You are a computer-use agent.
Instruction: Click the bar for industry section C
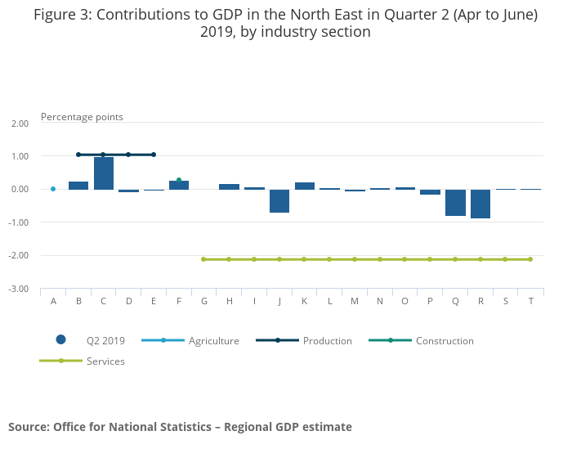click(x=104, y=173)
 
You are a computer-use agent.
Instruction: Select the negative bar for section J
click(x=279, y=200)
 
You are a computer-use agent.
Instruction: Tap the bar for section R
click(x=480, y=204)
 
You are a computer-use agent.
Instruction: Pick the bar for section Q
click(x=455, y=202)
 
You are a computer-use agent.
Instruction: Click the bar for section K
click(x=305, y=186)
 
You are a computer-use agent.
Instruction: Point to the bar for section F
click(x=179, y=185)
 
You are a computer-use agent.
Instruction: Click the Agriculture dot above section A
click(x=53, y=189)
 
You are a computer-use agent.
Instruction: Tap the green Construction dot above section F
click(x=179, y=180)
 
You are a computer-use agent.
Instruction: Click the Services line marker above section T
click(x=530, y=259)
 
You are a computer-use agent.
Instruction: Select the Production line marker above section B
click(x=78, y=155)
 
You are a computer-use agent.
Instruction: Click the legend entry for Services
click(x=105, y=361)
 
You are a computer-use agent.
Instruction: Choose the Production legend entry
click(x=327, y=340)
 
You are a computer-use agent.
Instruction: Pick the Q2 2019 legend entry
click(x=105, y=340)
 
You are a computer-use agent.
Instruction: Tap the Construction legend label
click(x=445, y=340)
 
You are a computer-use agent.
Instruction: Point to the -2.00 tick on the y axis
click(x=18, y=256)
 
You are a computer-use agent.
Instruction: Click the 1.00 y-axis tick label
click(x=20, y=156)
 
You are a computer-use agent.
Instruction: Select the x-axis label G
click(x=204, y=301)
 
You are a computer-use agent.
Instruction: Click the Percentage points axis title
click(x=82, y=117)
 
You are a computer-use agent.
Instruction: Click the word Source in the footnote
click(x=29, y=427)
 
